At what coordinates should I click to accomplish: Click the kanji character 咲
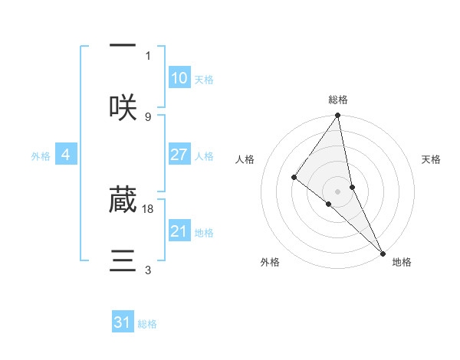123,107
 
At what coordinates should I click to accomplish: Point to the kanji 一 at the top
123,47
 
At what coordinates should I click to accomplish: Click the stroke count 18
149,208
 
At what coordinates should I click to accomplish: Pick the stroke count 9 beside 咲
148,116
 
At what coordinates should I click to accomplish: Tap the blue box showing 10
179,77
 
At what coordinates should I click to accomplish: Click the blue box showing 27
179,155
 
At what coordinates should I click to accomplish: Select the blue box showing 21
179,231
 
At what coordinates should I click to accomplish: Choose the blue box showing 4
66,155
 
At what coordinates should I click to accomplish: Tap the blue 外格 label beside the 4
41,156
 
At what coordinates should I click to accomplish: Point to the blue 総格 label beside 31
147,324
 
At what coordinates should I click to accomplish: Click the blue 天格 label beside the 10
204,80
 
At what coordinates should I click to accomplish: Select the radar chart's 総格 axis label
337,100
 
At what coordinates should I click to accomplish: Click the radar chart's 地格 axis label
402,262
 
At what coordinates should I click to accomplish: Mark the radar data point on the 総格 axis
337,116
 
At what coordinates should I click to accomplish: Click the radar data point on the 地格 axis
382,252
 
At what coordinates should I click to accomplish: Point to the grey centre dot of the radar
337,191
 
